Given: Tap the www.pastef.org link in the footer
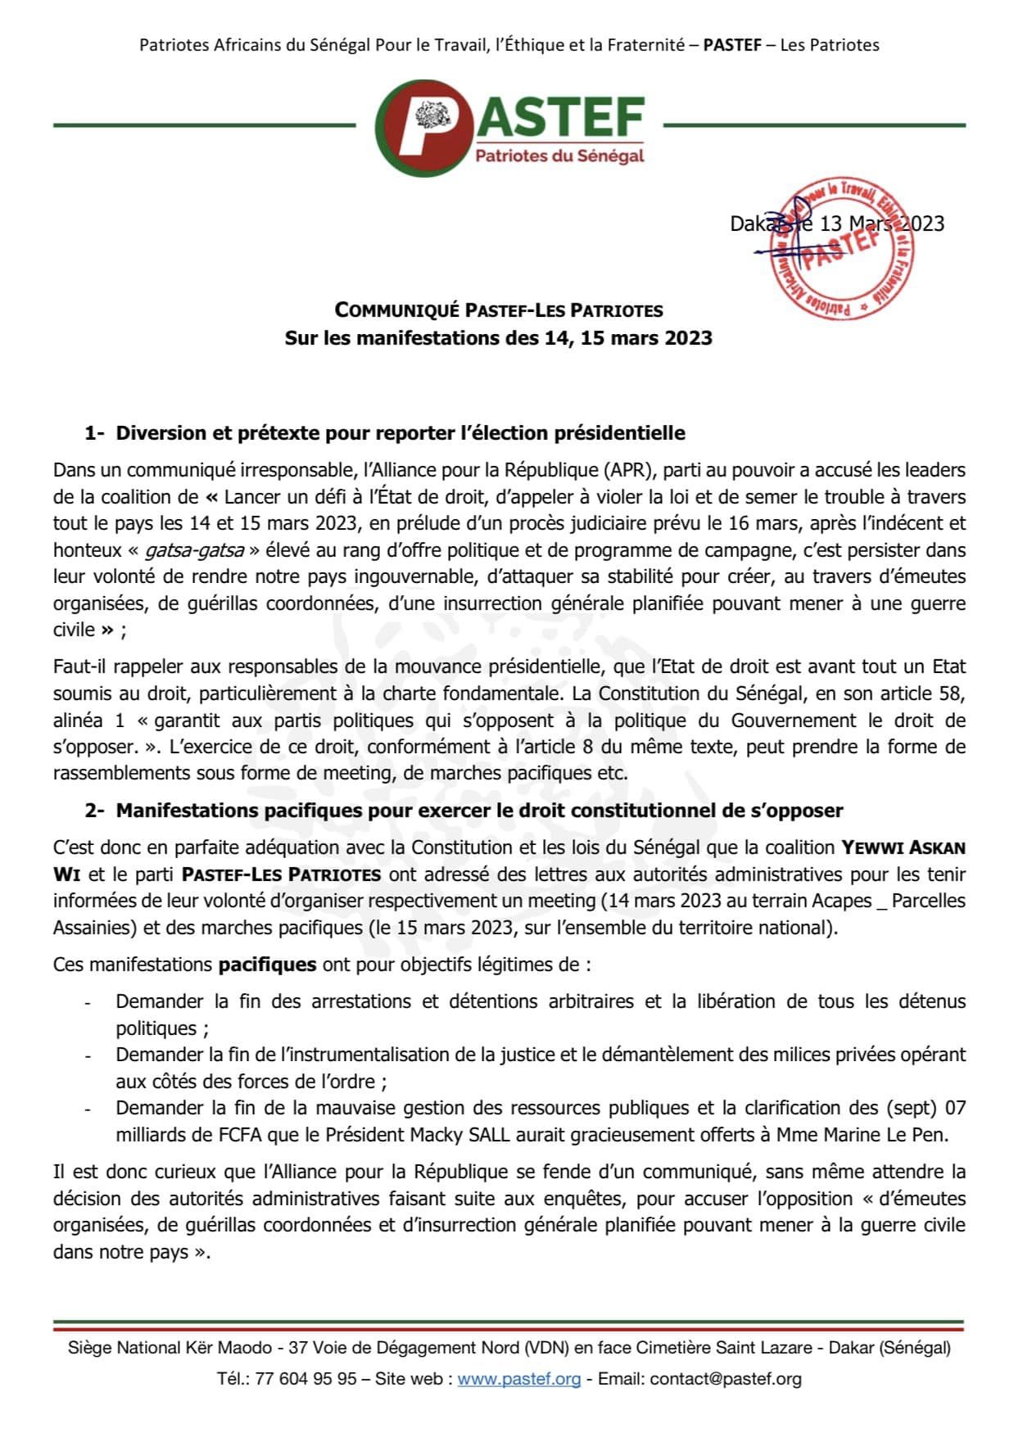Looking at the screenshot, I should tap(518, 1379).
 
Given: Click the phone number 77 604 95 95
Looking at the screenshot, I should tap(306, 1379).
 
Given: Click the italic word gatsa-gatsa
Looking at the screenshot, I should tap(194, 550).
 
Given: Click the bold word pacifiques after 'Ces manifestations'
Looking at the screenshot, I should tap(267, 965).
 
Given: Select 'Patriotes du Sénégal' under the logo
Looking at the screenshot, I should tap(560, 156).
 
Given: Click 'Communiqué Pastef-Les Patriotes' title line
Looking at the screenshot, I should tap(499, 310).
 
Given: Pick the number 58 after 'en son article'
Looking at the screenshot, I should tap(951, 694).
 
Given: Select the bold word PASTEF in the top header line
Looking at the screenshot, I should tap(732, 45).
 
